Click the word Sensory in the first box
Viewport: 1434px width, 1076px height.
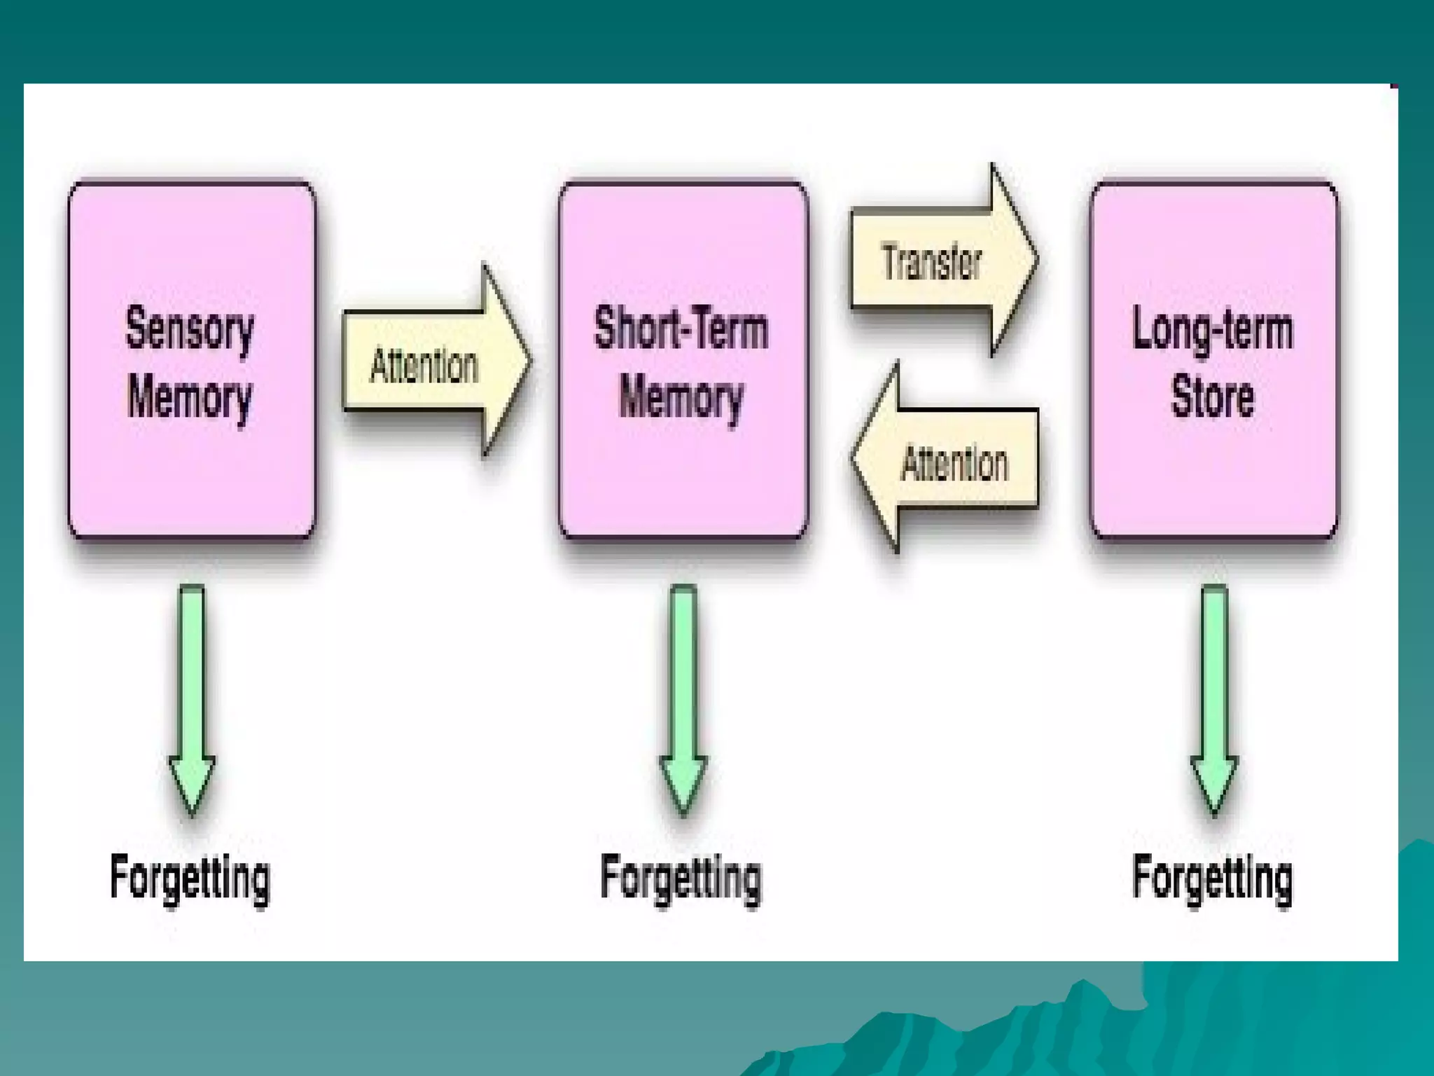[x=189, y=329]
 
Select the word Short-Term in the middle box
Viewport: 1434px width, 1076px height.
[x=681, y=328]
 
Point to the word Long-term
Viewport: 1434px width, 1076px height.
[x=1213, y=329]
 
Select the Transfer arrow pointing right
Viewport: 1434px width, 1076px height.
[x=942, y=261]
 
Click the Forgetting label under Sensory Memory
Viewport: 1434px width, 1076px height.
[x=190, y=878]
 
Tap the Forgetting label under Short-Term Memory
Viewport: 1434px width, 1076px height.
[x=681, y=878]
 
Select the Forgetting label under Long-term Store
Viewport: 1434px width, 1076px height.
[x=1213, y=878]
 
